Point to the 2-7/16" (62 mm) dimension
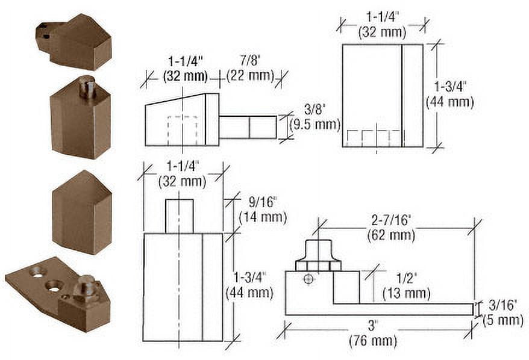[x=390, y=228]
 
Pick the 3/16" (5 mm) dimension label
[x=501, y=314]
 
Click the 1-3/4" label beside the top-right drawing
[x=449, y=95]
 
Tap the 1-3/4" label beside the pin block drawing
[x=249, y=285]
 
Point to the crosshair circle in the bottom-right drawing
[x=309, y=279]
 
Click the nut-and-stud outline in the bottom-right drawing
[x=318, y=256]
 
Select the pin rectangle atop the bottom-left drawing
[x=179, y=216]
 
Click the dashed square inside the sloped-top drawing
[x=182, y=130]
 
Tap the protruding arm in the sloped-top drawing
[x=248, y=127]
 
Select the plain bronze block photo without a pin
[x=81, y=212]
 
